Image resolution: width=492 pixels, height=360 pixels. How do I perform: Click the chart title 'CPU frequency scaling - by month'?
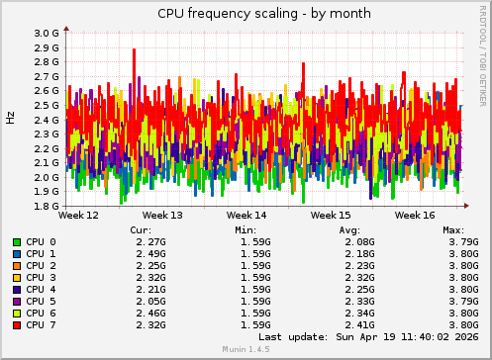pyautogui.click(x=246, y=13)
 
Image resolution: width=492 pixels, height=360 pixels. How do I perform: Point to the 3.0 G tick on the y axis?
pyautogui.click(x=46, y=33)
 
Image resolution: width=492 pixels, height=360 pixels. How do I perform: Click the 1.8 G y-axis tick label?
pyautogui.click(x=46, y=207)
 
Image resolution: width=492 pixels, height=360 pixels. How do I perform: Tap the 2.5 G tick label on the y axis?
pyautogui.click(x=46, y=105)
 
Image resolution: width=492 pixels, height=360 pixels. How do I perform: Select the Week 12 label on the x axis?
pyautogui.click(x=79, y=215)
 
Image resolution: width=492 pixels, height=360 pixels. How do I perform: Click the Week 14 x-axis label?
pyautogui.click(x=246, y=215)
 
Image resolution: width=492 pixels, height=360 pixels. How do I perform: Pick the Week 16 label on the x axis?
pyautogui.click(x=415, y=215)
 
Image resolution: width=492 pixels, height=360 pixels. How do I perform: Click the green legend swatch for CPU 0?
pyautogui.click(x=17, y=241)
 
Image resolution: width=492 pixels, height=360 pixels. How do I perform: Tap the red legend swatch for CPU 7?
pyautogui.click(x=17, y=324)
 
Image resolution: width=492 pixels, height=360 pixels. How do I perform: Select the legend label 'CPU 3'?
pyautogui.click(x=41, y=277)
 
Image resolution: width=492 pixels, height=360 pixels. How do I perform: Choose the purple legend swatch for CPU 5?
pyautogui.click(x=17, y=301)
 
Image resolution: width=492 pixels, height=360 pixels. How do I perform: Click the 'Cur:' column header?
pyautogui.click(x=141, y=229)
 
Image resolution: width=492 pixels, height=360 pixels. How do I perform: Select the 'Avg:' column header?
pyautogui.click(x=348, y=229)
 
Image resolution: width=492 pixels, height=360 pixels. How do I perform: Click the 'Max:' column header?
pyautogui.click(x=453, y=229)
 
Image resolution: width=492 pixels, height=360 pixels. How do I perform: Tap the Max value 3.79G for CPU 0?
pyautogui.click(x=462, y=241)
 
